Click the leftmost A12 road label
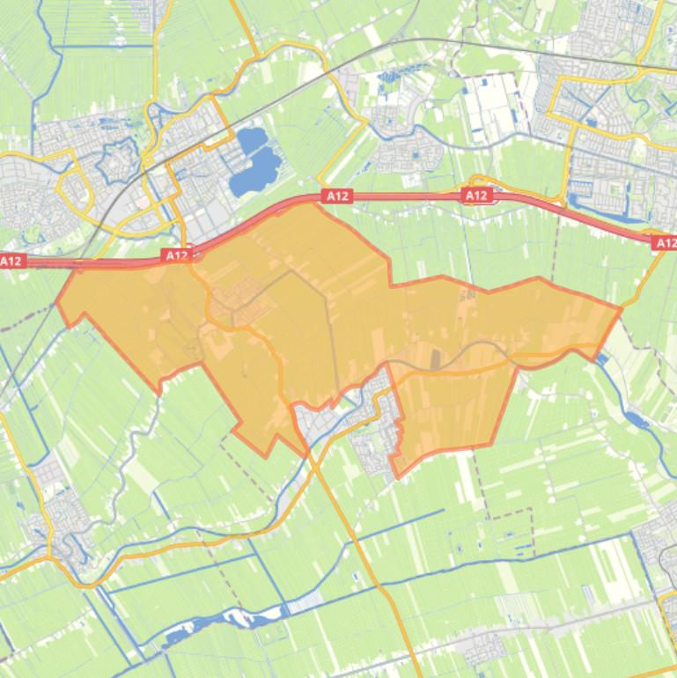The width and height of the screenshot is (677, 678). coord(11,261)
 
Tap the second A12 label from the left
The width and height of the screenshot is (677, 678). coord(176,255)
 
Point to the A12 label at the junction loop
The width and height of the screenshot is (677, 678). coord(476,195)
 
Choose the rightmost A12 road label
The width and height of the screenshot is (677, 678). coord(665,242)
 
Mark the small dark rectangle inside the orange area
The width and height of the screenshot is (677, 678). coord(434,358)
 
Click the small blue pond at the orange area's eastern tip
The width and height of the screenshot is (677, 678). coord(601,359)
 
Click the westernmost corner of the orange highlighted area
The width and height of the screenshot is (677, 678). coord(58,301)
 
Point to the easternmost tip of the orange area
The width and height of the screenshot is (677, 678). coord(621,307)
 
